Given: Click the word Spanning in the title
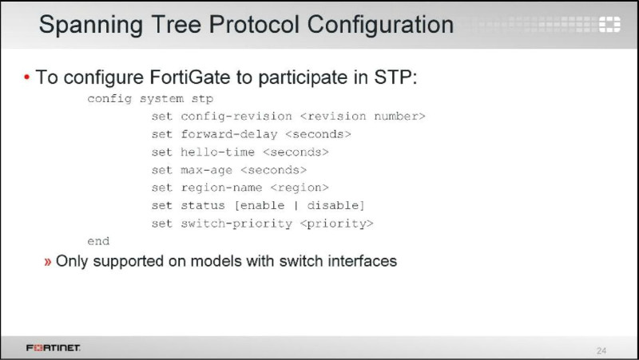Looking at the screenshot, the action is (x=90, y=26).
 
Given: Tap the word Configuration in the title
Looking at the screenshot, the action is (x=380, y=26).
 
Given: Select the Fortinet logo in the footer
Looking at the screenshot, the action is (x=53, y=348).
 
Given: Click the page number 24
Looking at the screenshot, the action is (x=601, y=350).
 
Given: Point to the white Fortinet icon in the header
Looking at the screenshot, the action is (x=609, y=25).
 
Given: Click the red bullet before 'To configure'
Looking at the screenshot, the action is (x=27, y=77).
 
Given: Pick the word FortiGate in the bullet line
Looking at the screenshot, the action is (x=190, y=77).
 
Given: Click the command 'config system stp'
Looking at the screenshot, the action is (x=150, y=99).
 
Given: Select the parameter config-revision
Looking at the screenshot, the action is (x=236, y=117).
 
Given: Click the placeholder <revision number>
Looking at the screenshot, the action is (x=363, y=117).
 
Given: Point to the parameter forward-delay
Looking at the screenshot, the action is (x=229, y=134).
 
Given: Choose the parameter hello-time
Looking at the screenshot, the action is (x=217, y=152).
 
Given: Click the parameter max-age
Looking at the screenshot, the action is (x=207, y=170).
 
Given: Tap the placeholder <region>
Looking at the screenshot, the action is (x=300, y=188).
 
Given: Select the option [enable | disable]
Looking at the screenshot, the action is (x=300, y=206).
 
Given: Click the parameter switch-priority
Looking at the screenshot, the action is (x=236, y=224).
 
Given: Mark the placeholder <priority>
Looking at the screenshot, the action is (x=336, y=224).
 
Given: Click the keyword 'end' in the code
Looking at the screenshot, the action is (x=98, y=241).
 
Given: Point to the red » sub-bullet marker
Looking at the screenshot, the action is (x=48, y=262).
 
